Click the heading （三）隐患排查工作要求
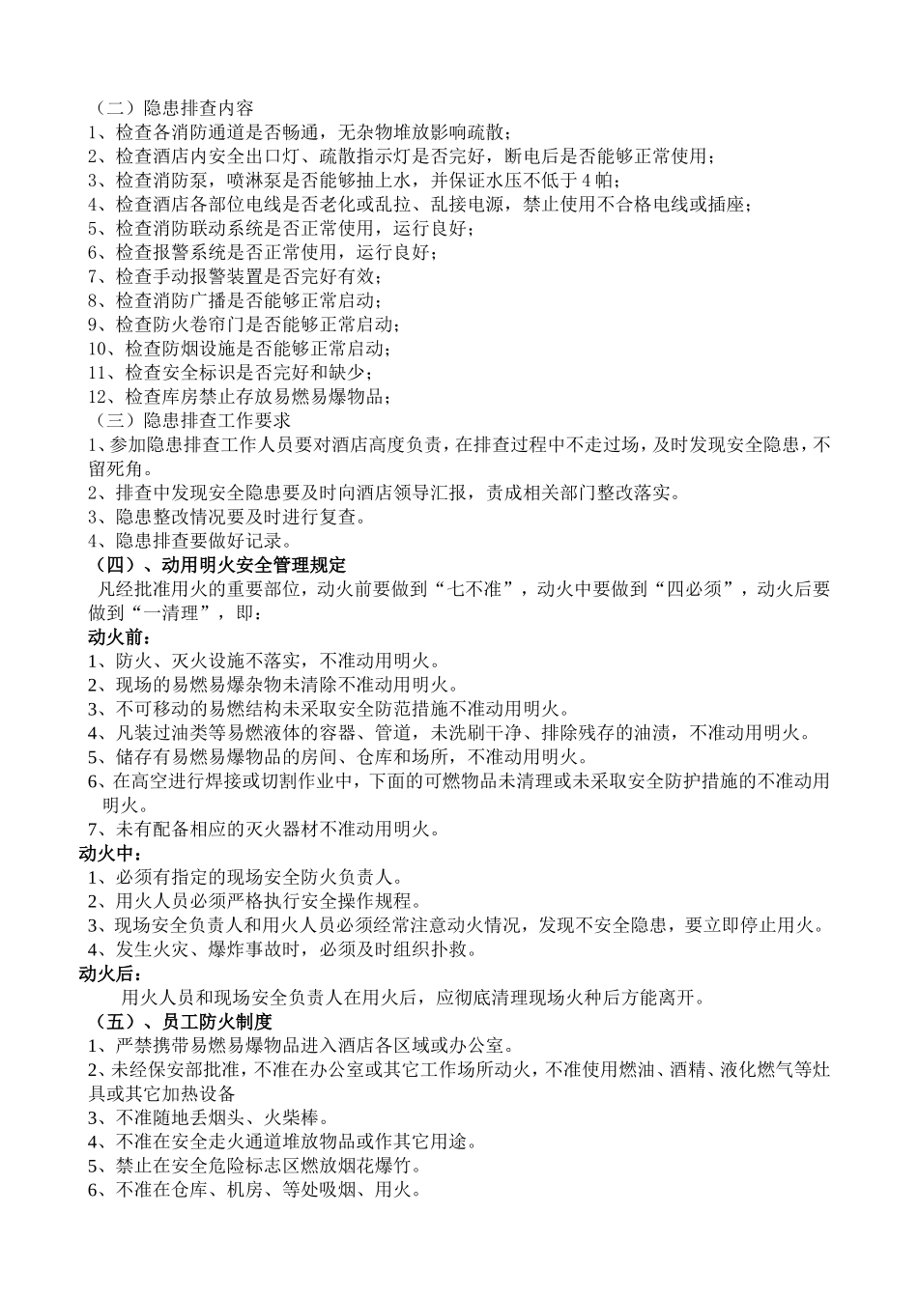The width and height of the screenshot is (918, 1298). pos(189,420)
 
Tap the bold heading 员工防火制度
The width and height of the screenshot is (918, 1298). pos(217,1021)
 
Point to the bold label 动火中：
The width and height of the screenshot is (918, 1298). pos(110,854)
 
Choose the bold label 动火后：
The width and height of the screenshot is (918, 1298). pos(110,973)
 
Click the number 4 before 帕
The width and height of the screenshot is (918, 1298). pos(588,180)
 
